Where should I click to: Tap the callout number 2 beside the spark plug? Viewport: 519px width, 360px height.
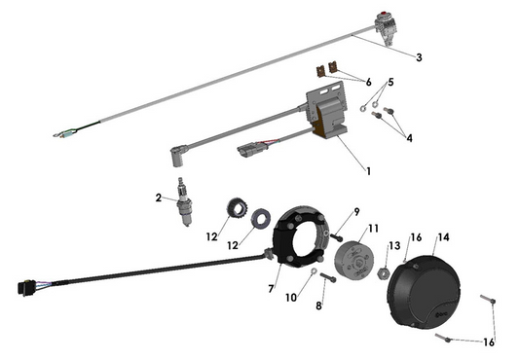click(158, 198)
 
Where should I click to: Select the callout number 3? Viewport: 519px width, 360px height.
click(419, 57)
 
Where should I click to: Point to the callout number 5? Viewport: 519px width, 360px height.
click(391, 83)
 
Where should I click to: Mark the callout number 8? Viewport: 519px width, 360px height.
click(272, 289)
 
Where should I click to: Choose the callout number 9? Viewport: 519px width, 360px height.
click(318, 306)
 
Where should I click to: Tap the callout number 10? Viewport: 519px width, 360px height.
click(356, 212)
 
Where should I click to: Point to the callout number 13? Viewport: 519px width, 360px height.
click(372, 230)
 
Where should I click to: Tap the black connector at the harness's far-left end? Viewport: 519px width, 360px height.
click(24, 289)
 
